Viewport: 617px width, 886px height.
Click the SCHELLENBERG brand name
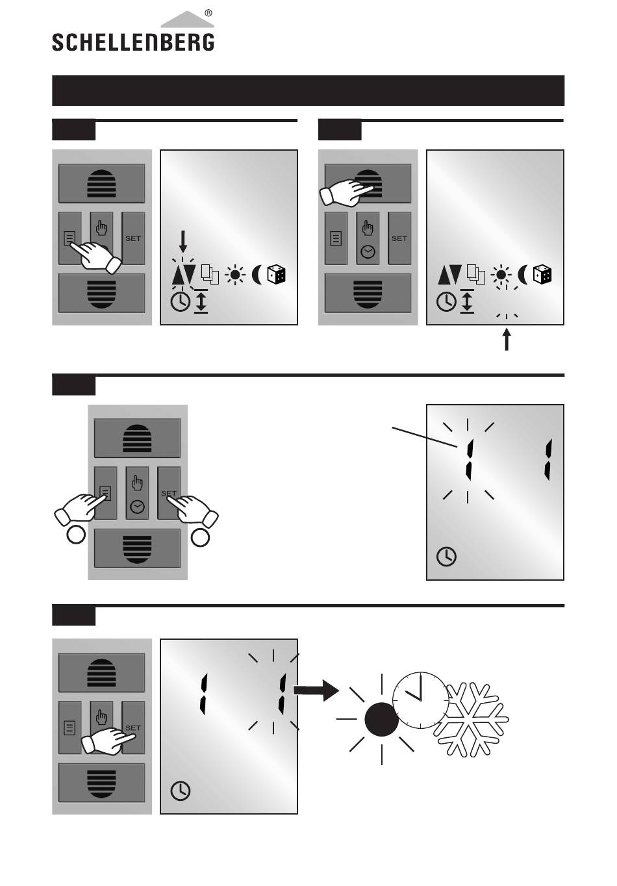click(133, 42)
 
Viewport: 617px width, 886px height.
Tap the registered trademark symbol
click(208, 13)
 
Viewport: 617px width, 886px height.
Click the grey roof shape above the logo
click(187, 19)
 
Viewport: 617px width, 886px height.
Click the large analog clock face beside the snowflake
click(421, 700)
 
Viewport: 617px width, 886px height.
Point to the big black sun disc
click(381, 719)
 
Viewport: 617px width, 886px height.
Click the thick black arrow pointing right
click(316, 690)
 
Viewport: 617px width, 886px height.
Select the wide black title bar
click(308, 90)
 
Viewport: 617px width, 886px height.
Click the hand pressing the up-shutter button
click(346, 192)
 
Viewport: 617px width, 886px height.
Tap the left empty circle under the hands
click(76, 535)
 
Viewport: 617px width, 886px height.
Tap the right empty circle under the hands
click(200, 537)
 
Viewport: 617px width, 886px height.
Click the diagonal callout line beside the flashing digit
click(425, 437)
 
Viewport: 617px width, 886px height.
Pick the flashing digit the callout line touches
click(470, 460)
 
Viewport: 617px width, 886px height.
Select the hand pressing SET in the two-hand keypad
click(193, 511)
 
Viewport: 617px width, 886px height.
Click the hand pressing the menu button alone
click(95, 257)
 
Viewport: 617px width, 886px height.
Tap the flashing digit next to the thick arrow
click(283, 694)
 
